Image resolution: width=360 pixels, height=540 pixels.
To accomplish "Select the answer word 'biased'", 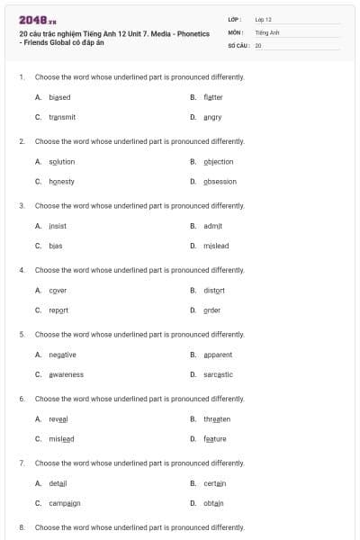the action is coord(59,97).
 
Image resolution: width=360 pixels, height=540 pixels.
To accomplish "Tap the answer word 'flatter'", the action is coord(213,97).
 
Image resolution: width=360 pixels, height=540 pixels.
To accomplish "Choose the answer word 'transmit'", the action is coord(62,117).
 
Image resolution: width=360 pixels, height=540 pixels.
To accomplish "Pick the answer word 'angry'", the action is coord(212,117).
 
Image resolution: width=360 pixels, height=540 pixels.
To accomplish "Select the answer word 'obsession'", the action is coord(220,182).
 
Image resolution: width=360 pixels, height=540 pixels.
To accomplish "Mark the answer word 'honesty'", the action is coord(61,182).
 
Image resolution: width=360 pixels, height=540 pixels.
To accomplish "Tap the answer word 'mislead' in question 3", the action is coord(215,246).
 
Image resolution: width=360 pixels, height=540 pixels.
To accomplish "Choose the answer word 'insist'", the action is coord(58,226).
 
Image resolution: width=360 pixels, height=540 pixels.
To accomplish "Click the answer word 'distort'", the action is coord(214,291).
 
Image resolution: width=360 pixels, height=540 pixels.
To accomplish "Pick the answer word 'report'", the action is coord(58,310).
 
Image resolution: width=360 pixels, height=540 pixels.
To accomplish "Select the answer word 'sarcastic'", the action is coord(218,374).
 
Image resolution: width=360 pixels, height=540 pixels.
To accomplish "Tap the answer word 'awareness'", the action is coord(66,374).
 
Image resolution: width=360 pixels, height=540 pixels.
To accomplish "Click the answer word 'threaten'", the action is coord(217,419).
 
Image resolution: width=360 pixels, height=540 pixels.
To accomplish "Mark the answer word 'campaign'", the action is coord(65,503).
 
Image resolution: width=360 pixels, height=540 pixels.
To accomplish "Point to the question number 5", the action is coord(22,335).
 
